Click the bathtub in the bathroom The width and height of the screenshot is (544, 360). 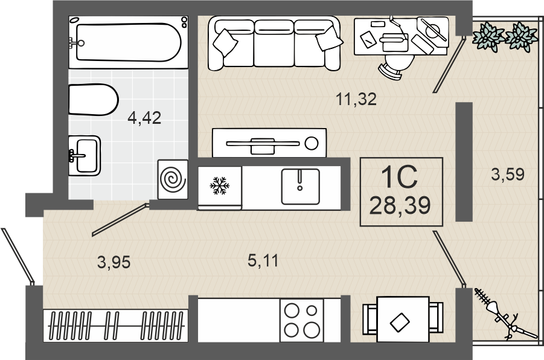(x=129, y=42)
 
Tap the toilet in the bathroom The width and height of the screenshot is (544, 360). (x=94, y=100)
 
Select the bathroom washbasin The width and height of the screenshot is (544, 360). (x=85, y=155)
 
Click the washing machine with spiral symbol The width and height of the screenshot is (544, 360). (x=173, y=179)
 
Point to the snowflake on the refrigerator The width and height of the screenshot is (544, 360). (x=220, y=185)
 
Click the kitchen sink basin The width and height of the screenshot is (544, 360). (x=300, y=187)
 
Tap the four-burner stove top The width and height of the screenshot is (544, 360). (x=302, y=320)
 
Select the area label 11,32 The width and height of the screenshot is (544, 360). (x=356, y=99)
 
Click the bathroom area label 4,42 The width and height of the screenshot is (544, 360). (x=144, y=118)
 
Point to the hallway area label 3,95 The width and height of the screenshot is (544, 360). (x=114, y=262)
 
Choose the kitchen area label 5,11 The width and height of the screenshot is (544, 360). (x=263, y=260)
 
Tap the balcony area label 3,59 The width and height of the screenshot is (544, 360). (x=508, y=175)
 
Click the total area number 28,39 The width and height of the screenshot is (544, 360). (x=400, y=205)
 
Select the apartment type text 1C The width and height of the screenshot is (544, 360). (x=399, y=177)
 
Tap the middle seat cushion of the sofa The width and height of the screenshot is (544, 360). (x=274, y=43)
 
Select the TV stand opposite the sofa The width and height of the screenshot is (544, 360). (x=269, y=143)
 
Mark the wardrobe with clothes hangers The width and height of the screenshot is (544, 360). (x=115, y=326)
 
